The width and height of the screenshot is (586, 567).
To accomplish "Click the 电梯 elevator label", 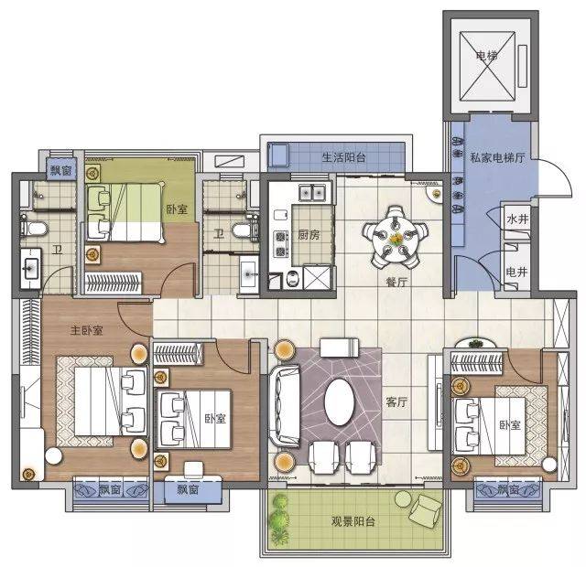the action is (487, 56).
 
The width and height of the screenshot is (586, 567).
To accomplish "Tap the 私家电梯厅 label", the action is (497, 157).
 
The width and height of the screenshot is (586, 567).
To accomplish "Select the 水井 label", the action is (517, 219).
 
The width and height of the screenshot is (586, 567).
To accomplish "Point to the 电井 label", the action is (516, 272).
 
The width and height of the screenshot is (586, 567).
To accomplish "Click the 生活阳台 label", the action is (343, 157).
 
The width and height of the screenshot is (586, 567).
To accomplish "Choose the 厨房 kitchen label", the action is (309, 235).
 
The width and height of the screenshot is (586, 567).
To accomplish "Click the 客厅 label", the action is (396, 402).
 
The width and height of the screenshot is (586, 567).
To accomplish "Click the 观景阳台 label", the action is (353, 521).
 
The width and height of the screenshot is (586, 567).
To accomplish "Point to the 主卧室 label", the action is (86, 330).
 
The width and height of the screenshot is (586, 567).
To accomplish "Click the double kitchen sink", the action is (312, 193).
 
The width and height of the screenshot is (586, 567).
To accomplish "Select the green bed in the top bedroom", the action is (125, 212).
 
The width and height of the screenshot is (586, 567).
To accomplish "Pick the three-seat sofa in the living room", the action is (285, 406).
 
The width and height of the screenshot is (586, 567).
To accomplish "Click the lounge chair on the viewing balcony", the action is (425, 509).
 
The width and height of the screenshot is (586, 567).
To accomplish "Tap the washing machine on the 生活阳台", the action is (278, 155).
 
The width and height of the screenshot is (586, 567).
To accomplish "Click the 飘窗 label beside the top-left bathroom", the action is (61, 171).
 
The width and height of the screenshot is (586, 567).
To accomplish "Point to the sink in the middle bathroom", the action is (248, 274).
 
